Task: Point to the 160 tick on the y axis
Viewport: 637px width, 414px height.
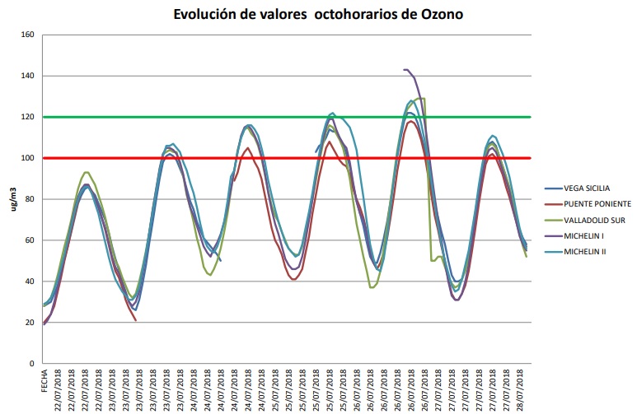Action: (26, 35)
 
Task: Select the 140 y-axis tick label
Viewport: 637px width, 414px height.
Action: (26, 76)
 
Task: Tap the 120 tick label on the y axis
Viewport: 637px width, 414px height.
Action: (26, 117)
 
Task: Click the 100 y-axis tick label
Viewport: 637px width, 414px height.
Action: (26, 158)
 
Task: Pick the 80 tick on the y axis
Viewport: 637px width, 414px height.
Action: (29, 199)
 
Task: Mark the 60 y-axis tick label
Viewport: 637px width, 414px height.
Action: (29, 240)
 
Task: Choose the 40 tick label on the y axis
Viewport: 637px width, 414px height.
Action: (29, 281)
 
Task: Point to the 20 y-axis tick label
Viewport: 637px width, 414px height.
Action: (29, 323)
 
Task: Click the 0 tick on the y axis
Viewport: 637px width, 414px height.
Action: (31, 364)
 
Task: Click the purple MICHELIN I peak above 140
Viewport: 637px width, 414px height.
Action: (405, 70)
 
